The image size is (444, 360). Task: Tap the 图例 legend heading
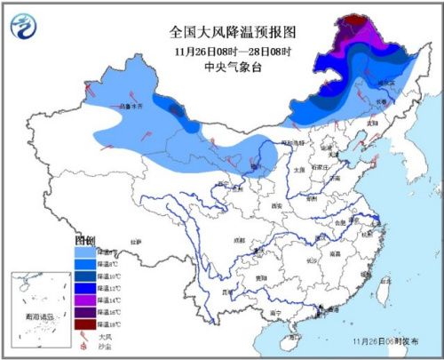pyautogui.click(x=83, y=241)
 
